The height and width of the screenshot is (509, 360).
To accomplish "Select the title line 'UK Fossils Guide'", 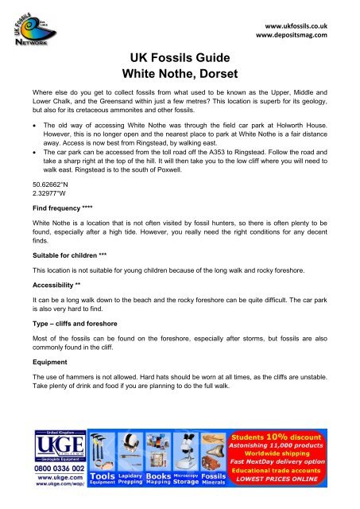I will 180,58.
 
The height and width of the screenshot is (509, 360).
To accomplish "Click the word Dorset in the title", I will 217,76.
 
